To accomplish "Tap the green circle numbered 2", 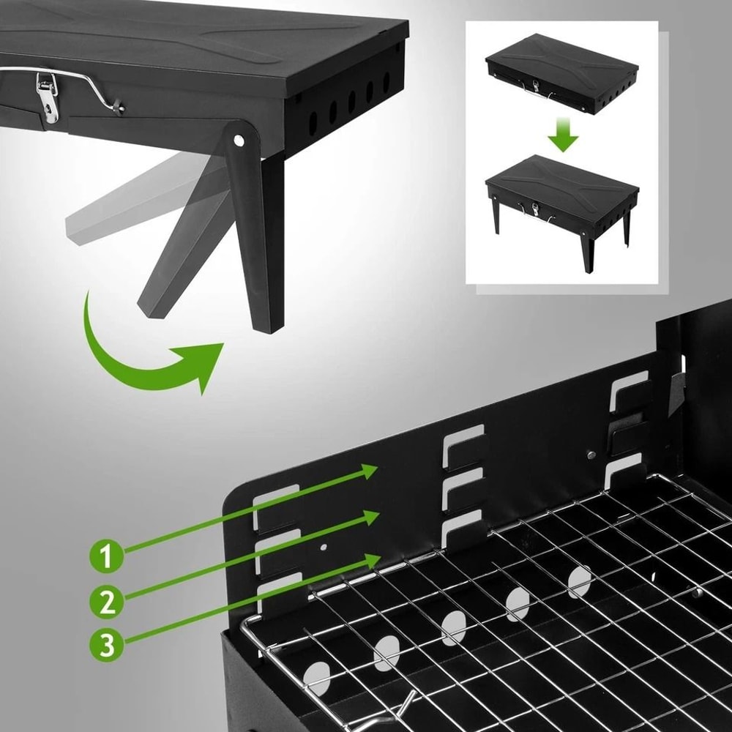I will [x=107, y=602].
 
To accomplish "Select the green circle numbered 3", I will [x=107, y=645].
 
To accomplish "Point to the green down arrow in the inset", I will [x=562, y=135].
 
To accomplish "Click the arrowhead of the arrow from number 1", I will [x=370, y=471].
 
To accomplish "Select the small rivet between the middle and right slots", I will [x=591, y=455].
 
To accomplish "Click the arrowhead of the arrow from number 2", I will [x=372, y=518].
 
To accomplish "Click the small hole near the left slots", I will [x=323, y=546].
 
